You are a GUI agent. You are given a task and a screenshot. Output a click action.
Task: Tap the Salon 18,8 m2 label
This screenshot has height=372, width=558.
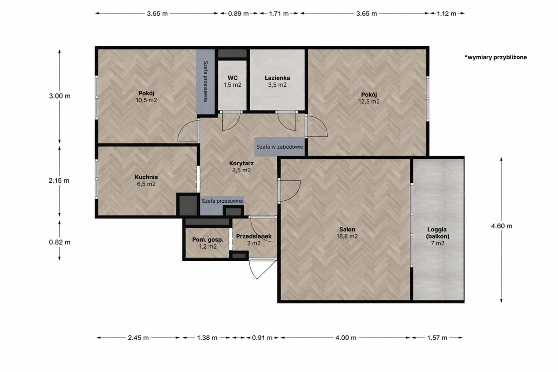pos(347,233)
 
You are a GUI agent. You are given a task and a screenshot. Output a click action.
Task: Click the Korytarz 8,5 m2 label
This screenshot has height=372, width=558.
pos(242,167)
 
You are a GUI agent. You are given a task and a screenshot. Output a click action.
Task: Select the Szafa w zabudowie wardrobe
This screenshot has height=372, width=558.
pos(280,147)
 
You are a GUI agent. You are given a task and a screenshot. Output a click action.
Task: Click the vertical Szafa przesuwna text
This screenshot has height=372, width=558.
pos(205,81)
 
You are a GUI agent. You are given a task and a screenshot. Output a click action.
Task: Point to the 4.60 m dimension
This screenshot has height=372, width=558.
pos(501,226)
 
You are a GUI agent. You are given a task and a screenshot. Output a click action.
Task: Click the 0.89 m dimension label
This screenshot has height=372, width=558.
pos(238,14)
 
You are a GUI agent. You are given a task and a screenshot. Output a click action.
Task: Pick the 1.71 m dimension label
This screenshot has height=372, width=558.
pos(279,14)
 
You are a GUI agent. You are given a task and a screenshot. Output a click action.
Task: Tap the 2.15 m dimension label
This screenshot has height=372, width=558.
pos(59,181)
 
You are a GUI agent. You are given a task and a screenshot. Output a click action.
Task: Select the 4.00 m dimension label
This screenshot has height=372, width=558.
pos(346,338)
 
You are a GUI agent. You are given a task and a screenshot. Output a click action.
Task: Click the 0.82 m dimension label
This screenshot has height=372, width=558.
pos(60,242)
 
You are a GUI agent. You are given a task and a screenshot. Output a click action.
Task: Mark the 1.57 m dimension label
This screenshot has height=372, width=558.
pos(437,338)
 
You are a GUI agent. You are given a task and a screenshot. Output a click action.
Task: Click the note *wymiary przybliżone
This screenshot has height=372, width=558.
pos(496,57)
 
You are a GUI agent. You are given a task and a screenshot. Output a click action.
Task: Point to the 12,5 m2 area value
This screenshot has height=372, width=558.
pos(369,102)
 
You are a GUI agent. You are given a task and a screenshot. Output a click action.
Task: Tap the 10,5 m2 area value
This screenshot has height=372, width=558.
pos(146,100)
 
